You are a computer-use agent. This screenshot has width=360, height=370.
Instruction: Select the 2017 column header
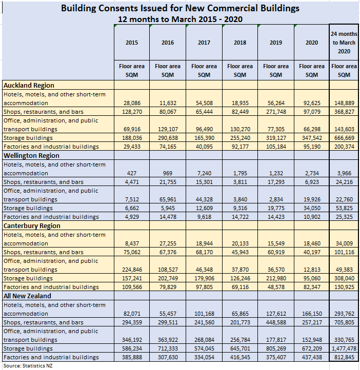point(204,43)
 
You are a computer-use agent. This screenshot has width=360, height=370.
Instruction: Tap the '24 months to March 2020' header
point(344,43)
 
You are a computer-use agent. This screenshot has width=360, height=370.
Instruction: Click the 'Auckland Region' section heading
point(29,86)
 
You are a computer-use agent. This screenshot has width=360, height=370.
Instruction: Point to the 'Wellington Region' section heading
point(31,156)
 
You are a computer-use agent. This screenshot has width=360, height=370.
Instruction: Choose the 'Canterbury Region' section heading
point(31,226)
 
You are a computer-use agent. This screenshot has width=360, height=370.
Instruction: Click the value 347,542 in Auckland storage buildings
point(312,138)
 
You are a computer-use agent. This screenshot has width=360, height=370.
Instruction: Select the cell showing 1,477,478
point(344,348)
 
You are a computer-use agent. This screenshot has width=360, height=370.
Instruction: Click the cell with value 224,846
point(132,270)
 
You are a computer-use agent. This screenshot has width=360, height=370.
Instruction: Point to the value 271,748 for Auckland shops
point(276,112)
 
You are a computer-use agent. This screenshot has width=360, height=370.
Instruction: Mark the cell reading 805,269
point(276,348)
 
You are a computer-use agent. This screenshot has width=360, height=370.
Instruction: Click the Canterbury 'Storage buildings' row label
point(28,278)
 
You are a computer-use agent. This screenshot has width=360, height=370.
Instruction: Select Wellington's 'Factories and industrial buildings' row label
point(51,217)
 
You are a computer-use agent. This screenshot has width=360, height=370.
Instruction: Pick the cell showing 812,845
point(344,357)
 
